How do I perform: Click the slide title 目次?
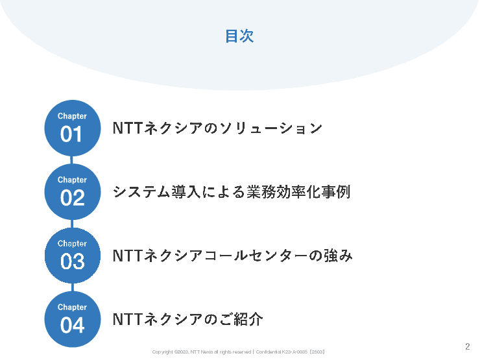[x=239, y=37]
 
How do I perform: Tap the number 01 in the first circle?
[x=72, y=135]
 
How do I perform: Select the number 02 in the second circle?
[x=72, y=198]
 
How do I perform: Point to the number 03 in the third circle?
[x=72, y=262]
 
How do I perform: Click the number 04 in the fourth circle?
[x=72, y=326]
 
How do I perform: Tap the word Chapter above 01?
[x=72, y=117]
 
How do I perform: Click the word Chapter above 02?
[x=72, y=180]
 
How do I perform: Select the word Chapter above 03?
[x=72, y=244]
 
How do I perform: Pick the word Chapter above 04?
[x=72, y=307]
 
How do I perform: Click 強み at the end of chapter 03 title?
[x=339, y=256]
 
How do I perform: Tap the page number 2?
[x=468, y=346]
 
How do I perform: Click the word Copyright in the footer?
[x=162, y=352]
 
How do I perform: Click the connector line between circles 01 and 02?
[x=72, y=160]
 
